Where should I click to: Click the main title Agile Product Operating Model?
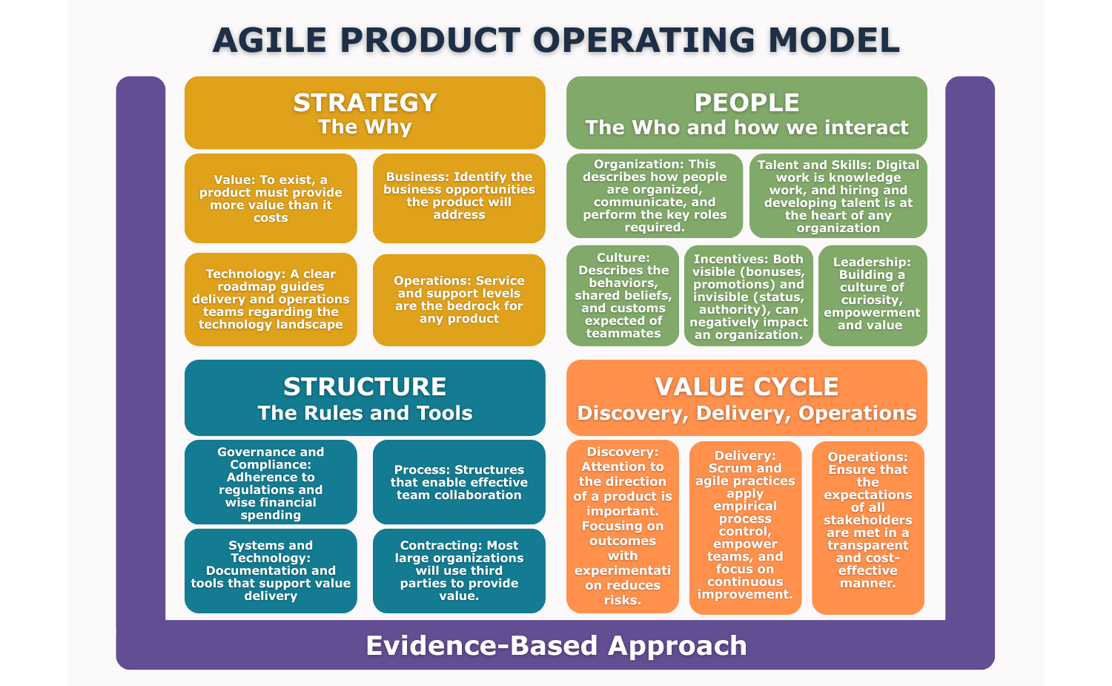click(556, 40)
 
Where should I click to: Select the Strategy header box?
click(365, 113)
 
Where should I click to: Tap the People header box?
click(747, 113)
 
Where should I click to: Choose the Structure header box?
click(365, 398)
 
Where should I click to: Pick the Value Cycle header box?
click(747, 398)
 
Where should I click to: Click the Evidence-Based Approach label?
click(556, 645)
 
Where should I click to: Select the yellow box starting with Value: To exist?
click(271, 198)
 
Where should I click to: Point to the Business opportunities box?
click(459, 197)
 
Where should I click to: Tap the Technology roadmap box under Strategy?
click(271, 299)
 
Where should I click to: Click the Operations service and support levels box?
click(459, 300)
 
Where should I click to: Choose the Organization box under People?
click(655, 196)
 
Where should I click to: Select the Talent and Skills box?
click(838, 196)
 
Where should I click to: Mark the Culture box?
click(623, 295)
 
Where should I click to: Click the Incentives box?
click(749, 296)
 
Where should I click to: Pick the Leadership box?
click(873, 295)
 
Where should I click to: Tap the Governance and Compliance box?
click(271, 482)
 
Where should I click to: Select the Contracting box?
click(459, 570)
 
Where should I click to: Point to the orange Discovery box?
click(623, 527)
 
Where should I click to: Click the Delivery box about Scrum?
click(745, 527)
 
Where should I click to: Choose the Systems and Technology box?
click(271, 570)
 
